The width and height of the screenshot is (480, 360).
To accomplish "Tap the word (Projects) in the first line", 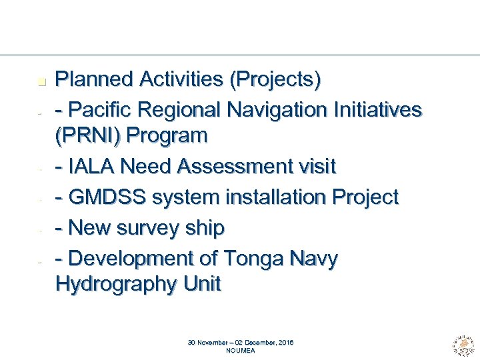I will [275, 80].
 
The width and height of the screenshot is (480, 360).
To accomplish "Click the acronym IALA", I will [89, 167].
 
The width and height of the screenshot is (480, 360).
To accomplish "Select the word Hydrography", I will [109, 285].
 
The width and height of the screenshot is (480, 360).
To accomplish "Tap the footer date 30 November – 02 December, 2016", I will [241, 343].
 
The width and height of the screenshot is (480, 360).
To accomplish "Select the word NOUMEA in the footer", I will [241, 350].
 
